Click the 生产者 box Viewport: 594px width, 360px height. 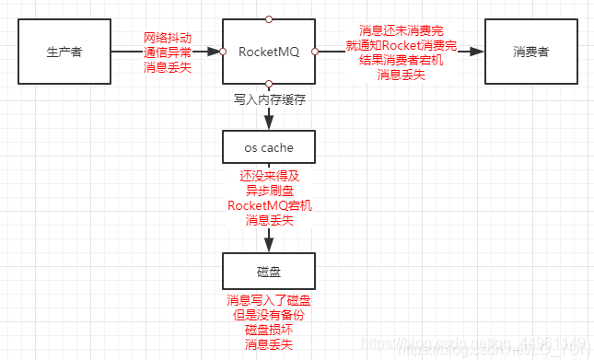tap(64, 52)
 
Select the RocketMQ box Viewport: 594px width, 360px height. tap(269, 52)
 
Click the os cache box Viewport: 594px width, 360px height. tap(269, 146)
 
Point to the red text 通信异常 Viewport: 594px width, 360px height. tap(168, 52)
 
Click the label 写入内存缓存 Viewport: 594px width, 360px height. tap(269, 97)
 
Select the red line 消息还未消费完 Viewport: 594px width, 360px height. tap(402, 30)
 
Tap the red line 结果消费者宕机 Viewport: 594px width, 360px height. tap(402, 60)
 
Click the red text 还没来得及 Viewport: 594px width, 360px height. tap(269, 175)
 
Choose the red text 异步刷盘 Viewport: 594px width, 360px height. tap(269, 190)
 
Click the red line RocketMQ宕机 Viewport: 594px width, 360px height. tap(269, 204)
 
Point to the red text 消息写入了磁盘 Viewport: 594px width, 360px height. tap(269, 300)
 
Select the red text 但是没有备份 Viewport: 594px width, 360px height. tap(269, 315)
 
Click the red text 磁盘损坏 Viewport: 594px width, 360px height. tap(269, 330)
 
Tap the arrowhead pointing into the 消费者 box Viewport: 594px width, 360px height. tap(478, 52)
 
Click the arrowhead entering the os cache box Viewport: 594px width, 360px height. tap(269, 123)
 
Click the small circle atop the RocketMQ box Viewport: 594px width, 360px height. tap(269, 17)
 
